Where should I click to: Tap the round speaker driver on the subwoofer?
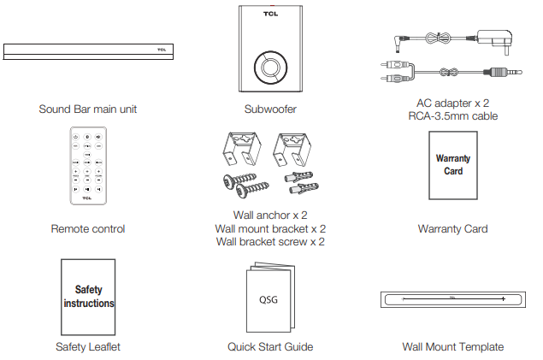point(269,66)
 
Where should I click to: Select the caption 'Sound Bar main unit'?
point(88,109)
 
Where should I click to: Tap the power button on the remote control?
point(76,137)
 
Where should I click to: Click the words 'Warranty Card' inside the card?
point(453,165)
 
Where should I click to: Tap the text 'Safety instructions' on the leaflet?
point(89,297)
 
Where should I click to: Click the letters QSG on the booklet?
point(269,300)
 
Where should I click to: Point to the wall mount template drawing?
point(453,298)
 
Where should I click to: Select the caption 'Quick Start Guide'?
point(270,346)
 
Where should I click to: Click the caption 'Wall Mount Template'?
point(453,346)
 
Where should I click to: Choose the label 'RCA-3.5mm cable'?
point(452,116)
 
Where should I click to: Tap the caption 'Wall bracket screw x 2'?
point(270,242)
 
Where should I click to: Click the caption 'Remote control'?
point(88,228)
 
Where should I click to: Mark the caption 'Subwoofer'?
point(269,109)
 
